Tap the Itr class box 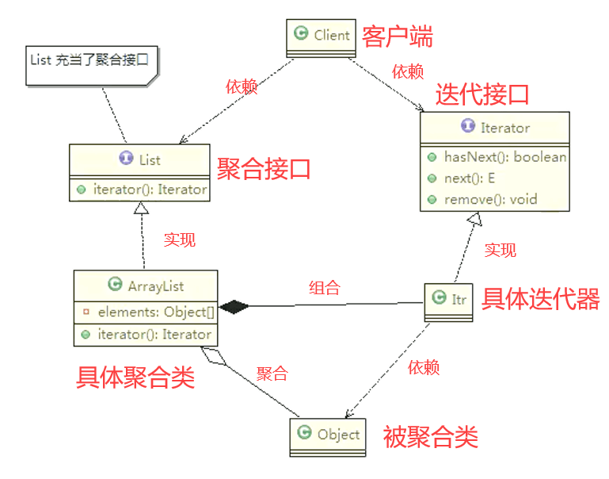click(449, 299)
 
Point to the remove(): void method click(490, 198)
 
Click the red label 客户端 click(398, 36)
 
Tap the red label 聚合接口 click(264, 168)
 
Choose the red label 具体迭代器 click(541, 299)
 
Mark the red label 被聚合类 click(431, 436)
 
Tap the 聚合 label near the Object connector click(272, 374)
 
